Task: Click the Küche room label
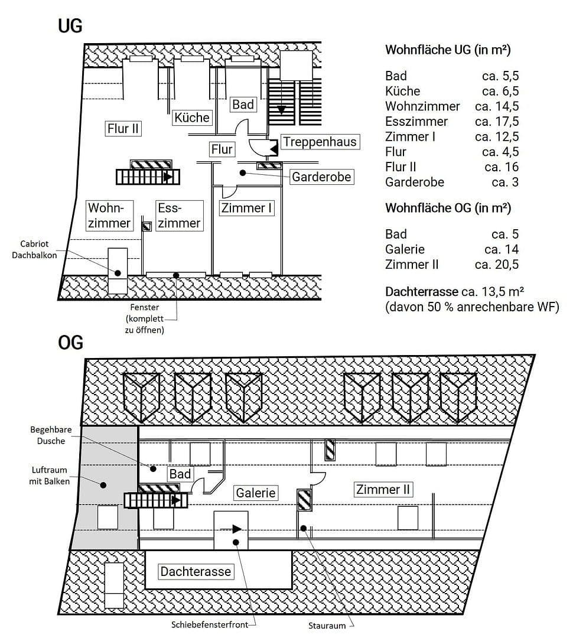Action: tap(191, 117)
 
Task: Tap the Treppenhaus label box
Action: tap(319, 142)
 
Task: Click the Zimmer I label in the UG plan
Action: tap(246, 208)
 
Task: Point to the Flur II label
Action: tap(123, 128)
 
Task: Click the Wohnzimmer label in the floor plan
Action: tap(109, 216)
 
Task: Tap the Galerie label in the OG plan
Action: tap(256, 492)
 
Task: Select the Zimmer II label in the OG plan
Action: tap(383, 489)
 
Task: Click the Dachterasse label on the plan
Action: tap(196, 571)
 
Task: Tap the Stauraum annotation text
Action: tap(326, 625)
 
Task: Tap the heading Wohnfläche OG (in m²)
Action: tap(448, 209)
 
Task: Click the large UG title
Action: tap(70, 27)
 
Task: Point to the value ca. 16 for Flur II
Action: tap(501, 167)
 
